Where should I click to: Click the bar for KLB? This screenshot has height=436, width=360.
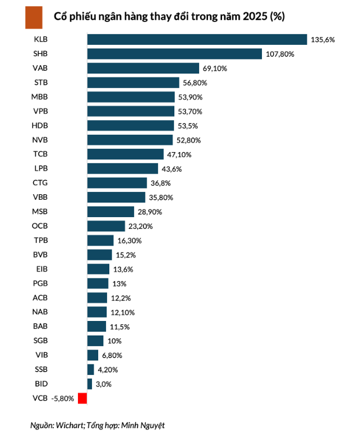(x=197, y=39)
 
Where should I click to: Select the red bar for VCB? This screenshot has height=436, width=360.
(x=82, y=398)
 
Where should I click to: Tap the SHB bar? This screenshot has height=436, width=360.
(x=174, y=54)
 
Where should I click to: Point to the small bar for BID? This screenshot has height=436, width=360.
(x=90, y=384)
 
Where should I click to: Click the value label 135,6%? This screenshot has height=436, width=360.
(x=322, y=40)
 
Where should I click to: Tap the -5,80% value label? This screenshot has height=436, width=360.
(x=62, y=398)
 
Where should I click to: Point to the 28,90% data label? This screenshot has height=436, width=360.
(x=151, y=212)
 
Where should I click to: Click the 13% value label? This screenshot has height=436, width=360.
(x=118, y=283)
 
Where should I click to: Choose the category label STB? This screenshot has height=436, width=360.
(x=41, y=82)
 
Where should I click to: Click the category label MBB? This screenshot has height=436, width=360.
(x=41, y=97)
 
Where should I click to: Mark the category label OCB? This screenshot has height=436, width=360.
(x=41, y=226)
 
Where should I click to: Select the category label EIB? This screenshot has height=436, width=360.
(x=41, y=269)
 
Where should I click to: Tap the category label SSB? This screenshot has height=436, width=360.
(x=41, y=369)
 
